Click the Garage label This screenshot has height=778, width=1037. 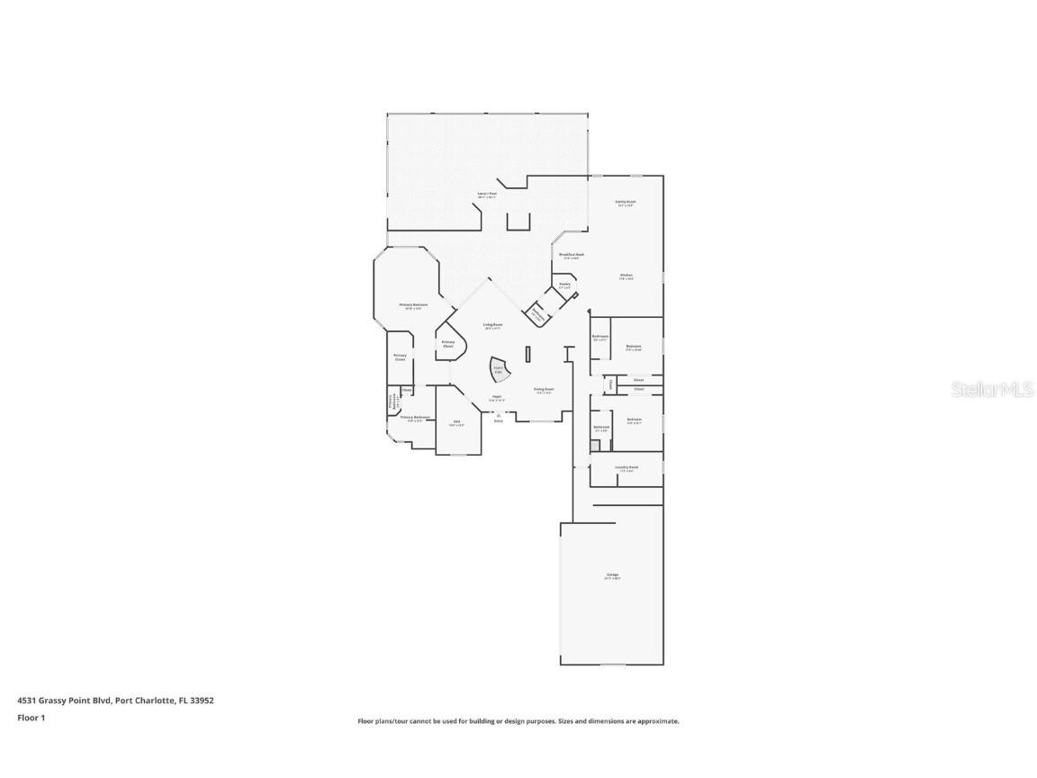[612, 575]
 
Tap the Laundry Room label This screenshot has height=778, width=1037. [627, 468]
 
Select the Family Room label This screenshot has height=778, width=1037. [626, 203]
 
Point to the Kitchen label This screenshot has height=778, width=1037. [626, 276]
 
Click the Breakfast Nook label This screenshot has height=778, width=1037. [572, 256]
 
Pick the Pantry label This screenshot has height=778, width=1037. [564, 285]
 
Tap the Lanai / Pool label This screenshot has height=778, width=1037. [487, 194]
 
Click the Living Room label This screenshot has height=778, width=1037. [492, 325]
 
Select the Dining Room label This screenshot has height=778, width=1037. [544, 390]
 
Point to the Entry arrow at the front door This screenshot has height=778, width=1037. [498, 416]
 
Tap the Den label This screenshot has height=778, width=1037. [456, 422]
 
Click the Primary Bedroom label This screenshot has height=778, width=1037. [413, 306]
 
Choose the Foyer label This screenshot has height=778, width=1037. [496, 397]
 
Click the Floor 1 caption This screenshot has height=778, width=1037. [31, 718]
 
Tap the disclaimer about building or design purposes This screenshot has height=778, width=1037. [518, 721]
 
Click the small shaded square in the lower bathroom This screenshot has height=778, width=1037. [594, 446]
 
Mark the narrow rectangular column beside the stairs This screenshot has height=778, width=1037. [528, 354]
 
